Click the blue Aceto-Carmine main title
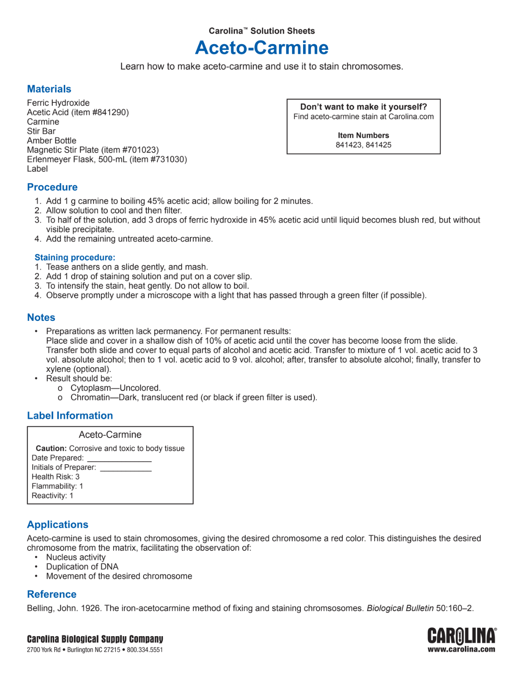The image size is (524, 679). coord(262,48)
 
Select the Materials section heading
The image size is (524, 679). coord(49,89)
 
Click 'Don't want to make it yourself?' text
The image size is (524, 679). coord(363,107)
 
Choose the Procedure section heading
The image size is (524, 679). coord(52,187)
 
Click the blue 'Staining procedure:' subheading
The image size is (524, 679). coord(75,258)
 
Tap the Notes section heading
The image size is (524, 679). coord(41,317)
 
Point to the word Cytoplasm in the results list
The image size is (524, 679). coord(91,388)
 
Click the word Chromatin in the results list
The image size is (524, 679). coord(90,397)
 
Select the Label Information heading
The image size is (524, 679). coord(70,416)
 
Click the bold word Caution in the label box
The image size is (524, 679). coord(51,449)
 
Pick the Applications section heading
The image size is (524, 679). coord(58,525)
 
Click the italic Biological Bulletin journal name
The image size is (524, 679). coord(400,608)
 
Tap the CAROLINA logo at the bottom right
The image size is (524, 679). coord(462,636)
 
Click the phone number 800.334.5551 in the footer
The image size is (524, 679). coord(145,650)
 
